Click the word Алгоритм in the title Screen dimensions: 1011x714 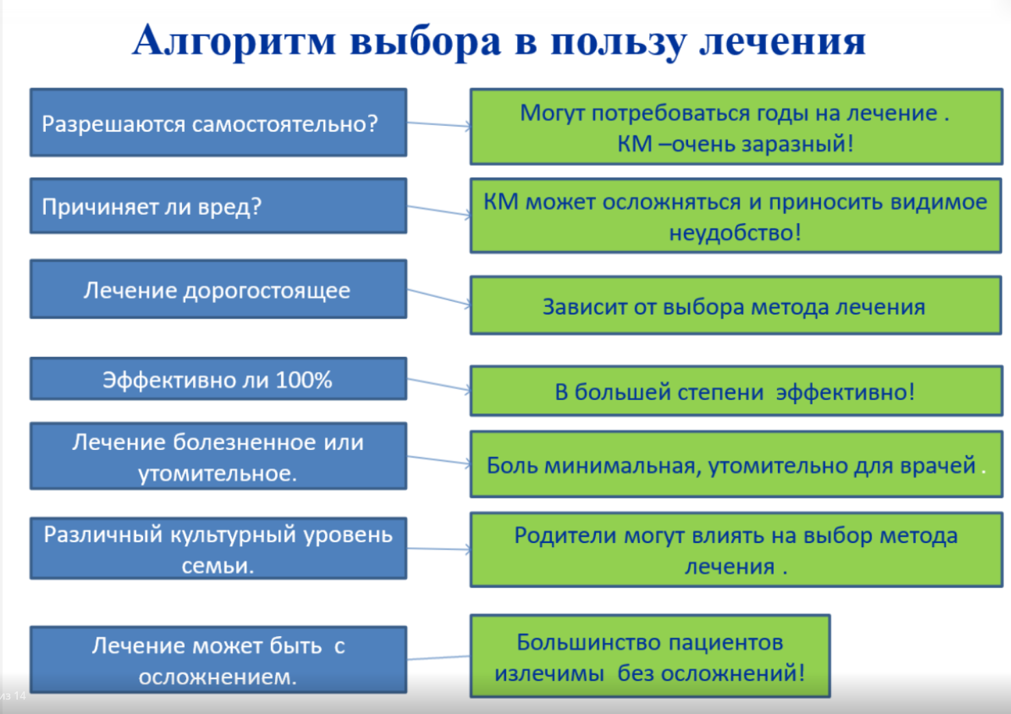[234, 42]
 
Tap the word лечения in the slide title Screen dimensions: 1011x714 [782, 42]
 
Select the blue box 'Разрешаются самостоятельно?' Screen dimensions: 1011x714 [218, 122]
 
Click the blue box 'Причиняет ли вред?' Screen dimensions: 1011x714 [218, 206]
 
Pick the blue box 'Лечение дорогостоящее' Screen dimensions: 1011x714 [218, 289]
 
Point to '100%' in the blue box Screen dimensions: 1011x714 [304, 380]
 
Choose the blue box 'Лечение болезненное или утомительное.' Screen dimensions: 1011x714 [218, 456]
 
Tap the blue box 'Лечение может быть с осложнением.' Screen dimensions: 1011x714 [218, 659]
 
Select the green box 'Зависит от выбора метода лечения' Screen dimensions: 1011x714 [736, 306]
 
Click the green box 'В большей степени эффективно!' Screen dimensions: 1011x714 [736, 391]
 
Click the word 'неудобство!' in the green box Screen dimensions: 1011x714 [735, 233]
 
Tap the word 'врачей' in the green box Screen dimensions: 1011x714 [938, 466]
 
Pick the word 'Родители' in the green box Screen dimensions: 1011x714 [566, 536]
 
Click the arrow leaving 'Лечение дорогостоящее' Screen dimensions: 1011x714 [439, 297]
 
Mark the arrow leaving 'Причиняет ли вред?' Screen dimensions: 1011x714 [439, 211]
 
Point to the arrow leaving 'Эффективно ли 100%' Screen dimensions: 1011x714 [439, 384]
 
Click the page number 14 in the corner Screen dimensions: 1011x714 [19, 696]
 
